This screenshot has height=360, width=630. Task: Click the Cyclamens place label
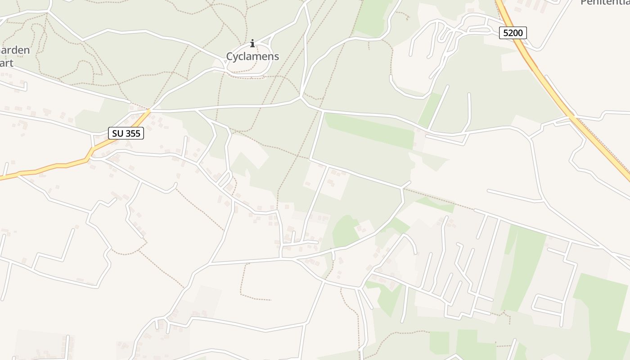point(252,57)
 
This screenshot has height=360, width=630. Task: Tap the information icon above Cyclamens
point(252,44)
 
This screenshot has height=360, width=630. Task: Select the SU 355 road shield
point(126,133)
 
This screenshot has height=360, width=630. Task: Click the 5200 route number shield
point(513,32)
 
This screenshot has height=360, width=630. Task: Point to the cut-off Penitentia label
point(605,2)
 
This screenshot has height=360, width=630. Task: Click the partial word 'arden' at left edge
point(14,50)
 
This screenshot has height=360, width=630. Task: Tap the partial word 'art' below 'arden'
point(7,63)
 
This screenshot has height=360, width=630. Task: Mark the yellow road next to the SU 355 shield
point(108,144)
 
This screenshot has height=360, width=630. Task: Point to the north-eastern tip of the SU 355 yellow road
point(149,110)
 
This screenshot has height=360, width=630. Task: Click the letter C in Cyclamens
point(229,57)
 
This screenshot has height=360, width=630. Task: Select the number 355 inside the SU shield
point(132,133)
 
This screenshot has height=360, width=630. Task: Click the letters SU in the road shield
point(117,133)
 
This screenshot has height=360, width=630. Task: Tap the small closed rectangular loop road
point(548,304)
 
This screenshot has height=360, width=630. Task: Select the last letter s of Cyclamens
point(276,57)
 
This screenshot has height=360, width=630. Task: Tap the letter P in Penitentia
point(584,2)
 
